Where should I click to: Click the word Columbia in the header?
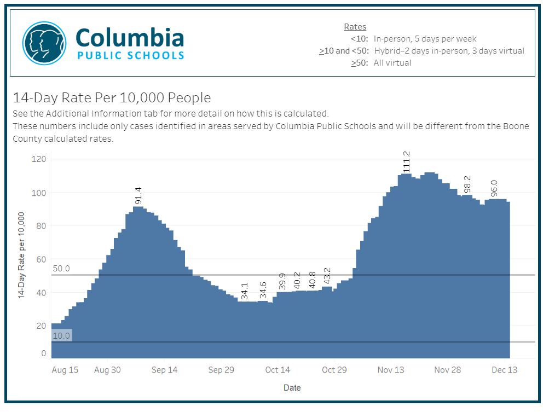coord(130,37)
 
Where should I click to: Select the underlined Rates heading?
coord(355,26)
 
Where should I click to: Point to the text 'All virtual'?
coord(392,63)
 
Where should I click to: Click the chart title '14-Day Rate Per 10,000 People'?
coord(112,98)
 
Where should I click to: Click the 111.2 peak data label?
coord(406,163)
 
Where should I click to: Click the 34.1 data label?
coord(245,291)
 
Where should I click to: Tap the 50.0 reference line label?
coord(61,269)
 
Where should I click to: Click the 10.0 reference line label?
coord(61,335)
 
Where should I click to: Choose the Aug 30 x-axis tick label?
coord(108,370)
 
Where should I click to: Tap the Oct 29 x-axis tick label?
coord(334,370)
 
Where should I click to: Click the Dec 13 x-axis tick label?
coord(504,370)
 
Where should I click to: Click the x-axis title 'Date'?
coord(292,387)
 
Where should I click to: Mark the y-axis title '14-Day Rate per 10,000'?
coord(22,256)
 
